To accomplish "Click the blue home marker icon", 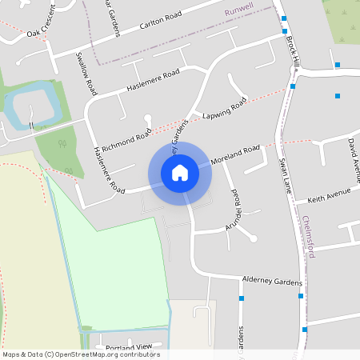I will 180,172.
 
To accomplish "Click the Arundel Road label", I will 235,206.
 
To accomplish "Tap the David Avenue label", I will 353,154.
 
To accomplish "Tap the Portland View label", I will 128,347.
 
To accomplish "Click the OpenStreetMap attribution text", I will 81,354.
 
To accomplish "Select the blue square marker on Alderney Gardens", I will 242,298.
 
